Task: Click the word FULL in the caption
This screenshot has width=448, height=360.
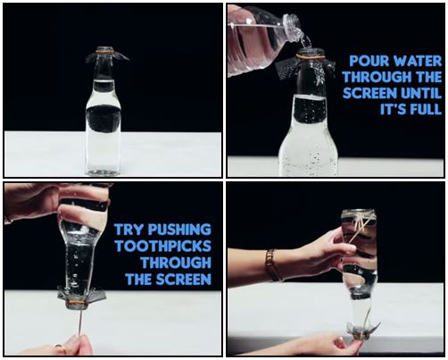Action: [x=426, y=110]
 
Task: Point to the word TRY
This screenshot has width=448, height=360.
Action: [x=129, y=230]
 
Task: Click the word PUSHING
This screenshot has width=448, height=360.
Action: [x=179, y=230]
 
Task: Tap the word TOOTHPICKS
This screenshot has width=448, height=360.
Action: [x=163, y=247]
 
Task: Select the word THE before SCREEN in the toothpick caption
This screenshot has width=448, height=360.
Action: [x=139, y=280]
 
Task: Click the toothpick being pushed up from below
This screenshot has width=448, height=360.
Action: [x=79, y=322]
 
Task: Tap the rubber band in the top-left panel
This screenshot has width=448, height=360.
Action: [x=104, y=52]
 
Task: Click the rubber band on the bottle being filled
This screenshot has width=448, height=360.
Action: [x=311, y=55]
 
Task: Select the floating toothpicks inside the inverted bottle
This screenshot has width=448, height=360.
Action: [x=360, y=227]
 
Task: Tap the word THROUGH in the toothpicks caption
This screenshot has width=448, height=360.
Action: [x=176, y=263]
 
